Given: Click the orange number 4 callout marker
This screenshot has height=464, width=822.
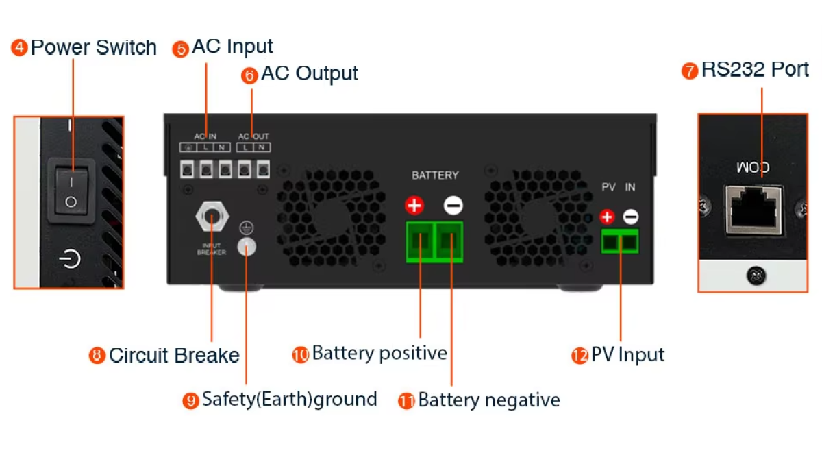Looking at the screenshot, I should [x=20, y=48].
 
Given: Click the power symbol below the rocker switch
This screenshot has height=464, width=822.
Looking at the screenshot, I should [x=70, y=259].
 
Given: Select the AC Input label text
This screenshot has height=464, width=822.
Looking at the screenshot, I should [x=232, y=47].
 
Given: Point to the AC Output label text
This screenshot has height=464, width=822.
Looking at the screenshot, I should [x=309, y=73].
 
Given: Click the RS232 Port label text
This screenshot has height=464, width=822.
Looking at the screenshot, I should [x=755, y=70].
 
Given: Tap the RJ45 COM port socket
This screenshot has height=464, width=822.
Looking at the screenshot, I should [x=756, y=209].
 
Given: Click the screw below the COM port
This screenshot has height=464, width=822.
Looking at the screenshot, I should [x=756, y=277].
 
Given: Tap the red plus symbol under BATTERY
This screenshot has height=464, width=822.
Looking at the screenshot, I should [x=414, y=205].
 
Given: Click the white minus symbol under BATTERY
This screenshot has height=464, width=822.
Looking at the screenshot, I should [x=453, y=205].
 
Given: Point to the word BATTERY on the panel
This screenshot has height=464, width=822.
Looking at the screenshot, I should [x=435, y=175].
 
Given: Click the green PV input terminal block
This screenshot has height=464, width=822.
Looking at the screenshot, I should [x=620, y=241].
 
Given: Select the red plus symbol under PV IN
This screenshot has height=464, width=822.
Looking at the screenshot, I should [x=607, y=217].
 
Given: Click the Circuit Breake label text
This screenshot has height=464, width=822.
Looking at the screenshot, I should [x=174, y=356].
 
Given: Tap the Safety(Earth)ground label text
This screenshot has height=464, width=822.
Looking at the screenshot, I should [x=289, y=399].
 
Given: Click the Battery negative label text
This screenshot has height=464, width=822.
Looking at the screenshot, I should [x=488, y=400].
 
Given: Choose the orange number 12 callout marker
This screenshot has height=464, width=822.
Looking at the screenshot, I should [x=580, y=356].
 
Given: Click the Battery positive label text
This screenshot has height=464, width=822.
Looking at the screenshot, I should [x=379, y=354].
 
